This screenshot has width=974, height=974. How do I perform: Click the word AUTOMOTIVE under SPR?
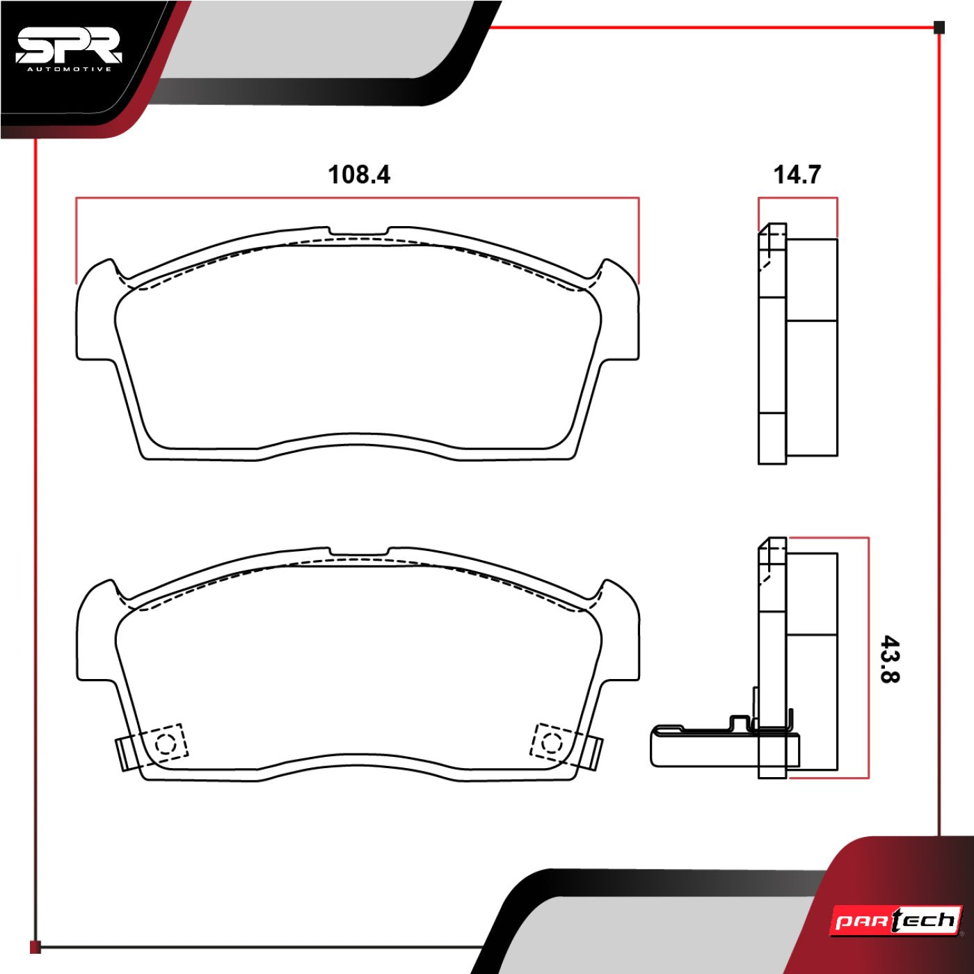(x=69, y=69)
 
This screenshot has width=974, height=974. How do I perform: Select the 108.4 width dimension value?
(x=359, y=174)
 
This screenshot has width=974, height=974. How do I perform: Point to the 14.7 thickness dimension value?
(x=797, y=174)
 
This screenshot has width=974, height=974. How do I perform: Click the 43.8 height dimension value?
(x=890, y=658)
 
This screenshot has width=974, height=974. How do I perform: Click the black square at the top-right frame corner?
(x=939, y=28)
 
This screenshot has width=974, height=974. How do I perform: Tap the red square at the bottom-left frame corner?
(x=35, y=947)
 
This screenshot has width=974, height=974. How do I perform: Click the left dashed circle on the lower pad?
(x=166, y=744)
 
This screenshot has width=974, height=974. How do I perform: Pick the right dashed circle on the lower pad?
(x=551, y=742)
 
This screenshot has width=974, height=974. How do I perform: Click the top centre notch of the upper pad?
(x=358, y=232)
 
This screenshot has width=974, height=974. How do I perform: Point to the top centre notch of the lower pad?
(x=358, y=552)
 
